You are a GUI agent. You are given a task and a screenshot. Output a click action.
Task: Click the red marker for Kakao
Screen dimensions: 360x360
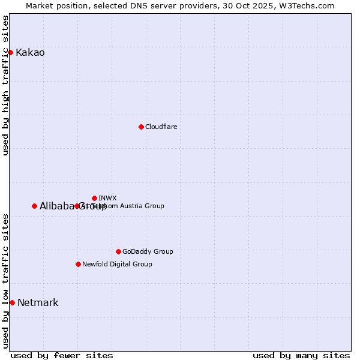(x=10, y=53)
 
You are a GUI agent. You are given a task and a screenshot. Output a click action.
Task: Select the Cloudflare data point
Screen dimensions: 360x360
(x=141, y=127)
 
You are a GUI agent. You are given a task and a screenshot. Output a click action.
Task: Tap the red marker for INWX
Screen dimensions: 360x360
(x=94, y=198)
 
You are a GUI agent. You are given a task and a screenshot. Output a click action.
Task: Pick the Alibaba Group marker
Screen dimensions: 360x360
(x=34, y=206)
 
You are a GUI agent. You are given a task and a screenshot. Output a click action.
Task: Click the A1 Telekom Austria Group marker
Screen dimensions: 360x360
(x=77, y=206)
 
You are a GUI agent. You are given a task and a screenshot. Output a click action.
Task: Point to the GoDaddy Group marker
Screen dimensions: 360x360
(x=118, y=251)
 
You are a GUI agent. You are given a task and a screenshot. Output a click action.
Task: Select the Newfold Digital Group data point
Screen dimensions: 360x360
(x=78, y=264)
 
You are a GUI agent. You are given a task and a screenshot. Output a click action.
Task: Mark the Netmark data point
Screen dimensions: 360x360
(x=12, y=302)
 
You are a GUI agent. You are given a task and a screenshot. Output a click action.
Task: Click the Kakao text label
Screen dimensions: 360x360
(x=30, y=53)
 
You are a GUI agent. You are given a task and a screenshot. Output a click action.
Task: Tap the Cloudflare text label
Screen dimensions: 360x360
(x=161, y=127)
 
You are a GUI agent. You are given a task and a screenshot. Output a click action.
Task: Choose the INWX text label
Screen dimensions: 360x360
(x=107, y=198)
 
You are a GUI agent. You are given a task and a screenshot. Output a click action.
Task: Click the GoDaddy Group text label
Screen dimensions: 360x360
(x=148, y=251)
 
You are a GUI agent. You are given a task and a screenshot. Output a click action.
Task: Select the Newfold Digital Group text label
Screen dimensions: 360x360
(x=117, y=264)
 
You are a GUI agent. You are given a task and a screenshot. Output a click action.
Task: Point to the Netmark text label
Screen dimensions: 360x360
(x=38, y=302)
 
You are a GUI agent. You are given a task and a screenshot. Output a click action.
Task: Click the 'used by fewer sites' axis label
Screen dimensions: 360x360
(x=62, y=355)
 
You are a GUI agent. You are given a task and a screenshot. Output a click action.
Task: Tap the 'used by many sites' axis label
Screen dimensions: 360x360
(x=301, y=355)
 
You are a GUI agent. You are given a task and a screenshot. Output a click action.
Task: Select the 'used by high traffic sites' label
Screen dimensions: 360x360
(x=6, y=85)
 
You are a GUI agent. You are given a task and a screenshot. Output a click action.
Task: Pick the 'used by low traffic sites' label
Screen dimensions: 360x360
(x=6, y=281)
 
